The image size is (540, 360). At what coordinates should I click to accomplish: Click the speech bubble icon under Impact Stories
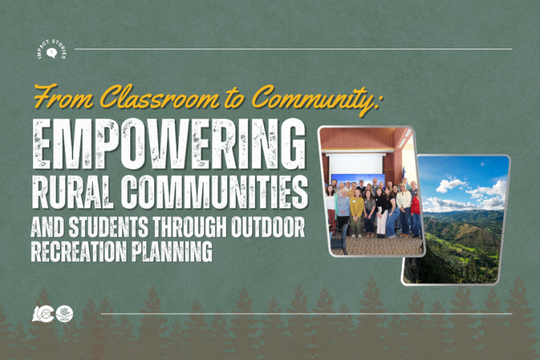(x=51, y=53)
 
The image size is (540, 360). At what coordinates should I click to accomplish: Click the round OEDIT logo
(x=64, y=314)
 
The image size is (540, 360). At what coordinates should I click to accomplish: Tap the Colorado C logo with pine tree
(x=43, y=314)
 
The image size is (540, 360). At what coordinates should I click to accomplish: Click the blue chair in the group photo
(x=342, y=237)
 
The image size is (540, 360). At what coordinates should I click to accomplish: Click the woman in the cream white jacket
(x=404, y=204)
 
